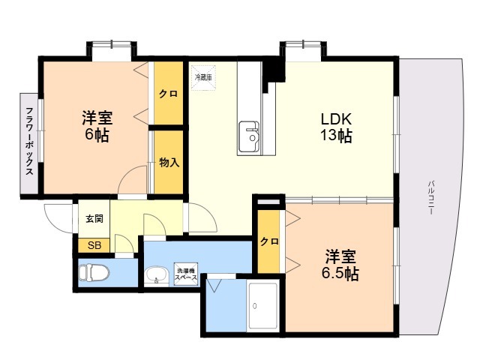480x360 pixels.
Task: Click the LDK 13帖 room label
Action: click(336, 127)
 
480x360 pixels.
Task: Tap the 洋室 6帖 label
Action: click(97, 126)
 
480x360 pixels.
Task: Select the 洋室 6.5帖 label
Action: click(340, 265)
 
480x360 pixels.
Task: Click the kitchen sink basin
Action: click(248, 136)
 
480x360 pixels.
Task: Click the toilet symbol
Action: click(94, 272)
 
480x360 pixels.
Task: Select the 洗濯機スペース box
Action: click(186, 274)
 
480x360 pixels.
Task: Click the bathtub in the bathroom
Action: click(262, 306)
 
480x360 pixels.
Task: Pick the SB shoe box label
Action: click(94, 245)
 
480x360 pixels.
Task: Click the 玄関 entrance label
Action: click(94, 218)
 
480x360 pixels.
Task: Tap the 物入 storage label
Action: click(169, 163)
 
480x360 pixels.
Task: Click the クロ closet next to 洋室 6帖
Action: click(168, 93)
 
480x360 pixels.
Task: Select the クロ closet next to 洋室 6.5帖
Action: click(269, 241)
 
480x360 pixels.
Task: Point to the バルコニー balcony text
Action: click(431, 197)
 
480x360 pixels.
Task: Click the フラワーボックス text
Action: click(29, 141)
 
